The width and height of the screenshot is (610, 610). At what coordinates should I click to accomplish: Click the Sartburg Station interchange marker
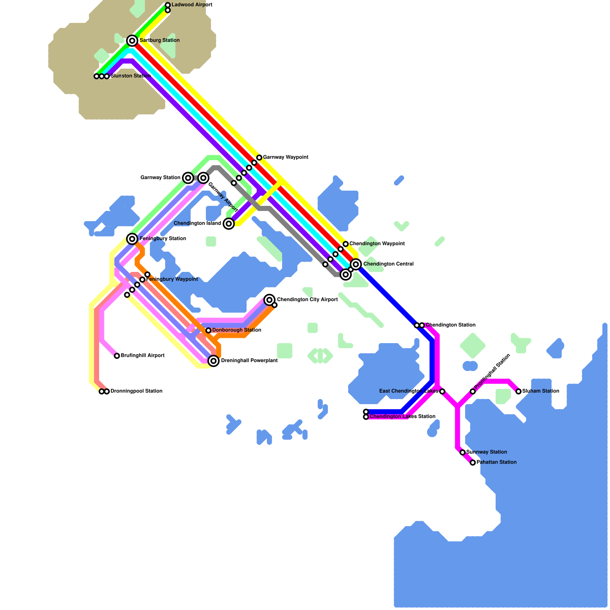[132, 40]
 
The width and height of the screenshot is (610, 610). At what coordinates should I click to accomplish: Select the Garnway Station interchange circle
[188, 178]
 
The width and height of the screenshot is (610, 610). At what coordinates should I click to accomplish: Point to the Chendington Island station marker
[229, 223]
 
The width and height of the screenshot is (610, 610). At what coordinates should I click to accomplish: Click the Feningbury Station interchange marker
[132, 239]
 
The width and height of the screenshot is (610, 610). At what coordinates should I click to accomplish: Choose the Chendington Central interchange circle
[356, 264]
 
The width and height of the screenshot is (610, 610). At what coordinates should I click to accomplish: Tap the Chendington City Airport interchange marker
[270, 300]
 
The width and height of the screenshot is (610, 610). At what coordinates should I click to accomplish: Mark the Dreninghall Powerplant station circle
[214, 361]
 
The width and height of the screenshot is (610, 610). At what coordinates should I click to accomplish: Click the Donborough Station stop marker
[209, 330]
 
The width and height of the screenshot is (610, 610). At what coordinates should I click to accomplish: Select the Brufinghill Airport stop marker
[117, 356]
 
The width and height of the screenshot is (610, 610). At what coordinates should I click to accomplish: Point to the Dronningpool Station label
[136, 391]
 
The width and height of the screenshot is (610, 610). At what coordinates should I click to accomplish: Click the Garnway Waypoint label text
[286, 157]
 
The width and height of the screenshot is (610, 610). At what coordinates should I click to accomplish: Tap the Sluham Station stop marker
[518, 391]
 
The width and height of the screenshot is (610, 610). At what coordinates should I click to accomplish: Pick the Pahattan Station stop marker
[473, 462]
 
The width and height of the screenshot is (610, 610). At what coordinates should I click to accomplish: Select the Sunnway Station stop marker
[462, 452]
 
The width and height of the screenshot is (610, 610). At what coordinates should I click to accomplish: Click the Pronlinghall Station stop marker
[473, 391]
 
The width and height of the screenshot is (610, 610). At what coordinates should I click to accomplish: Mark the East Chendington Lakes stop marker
[442, 391]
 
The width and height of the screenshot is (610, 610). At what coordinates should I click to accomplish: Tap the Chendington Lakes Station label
[403, 417]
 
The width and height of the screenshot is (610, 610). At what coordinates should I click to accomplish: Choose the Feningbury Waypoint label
[172, 279]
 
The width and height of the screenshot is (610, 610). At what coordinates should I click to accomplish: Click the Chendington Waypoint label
[377, 244]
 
